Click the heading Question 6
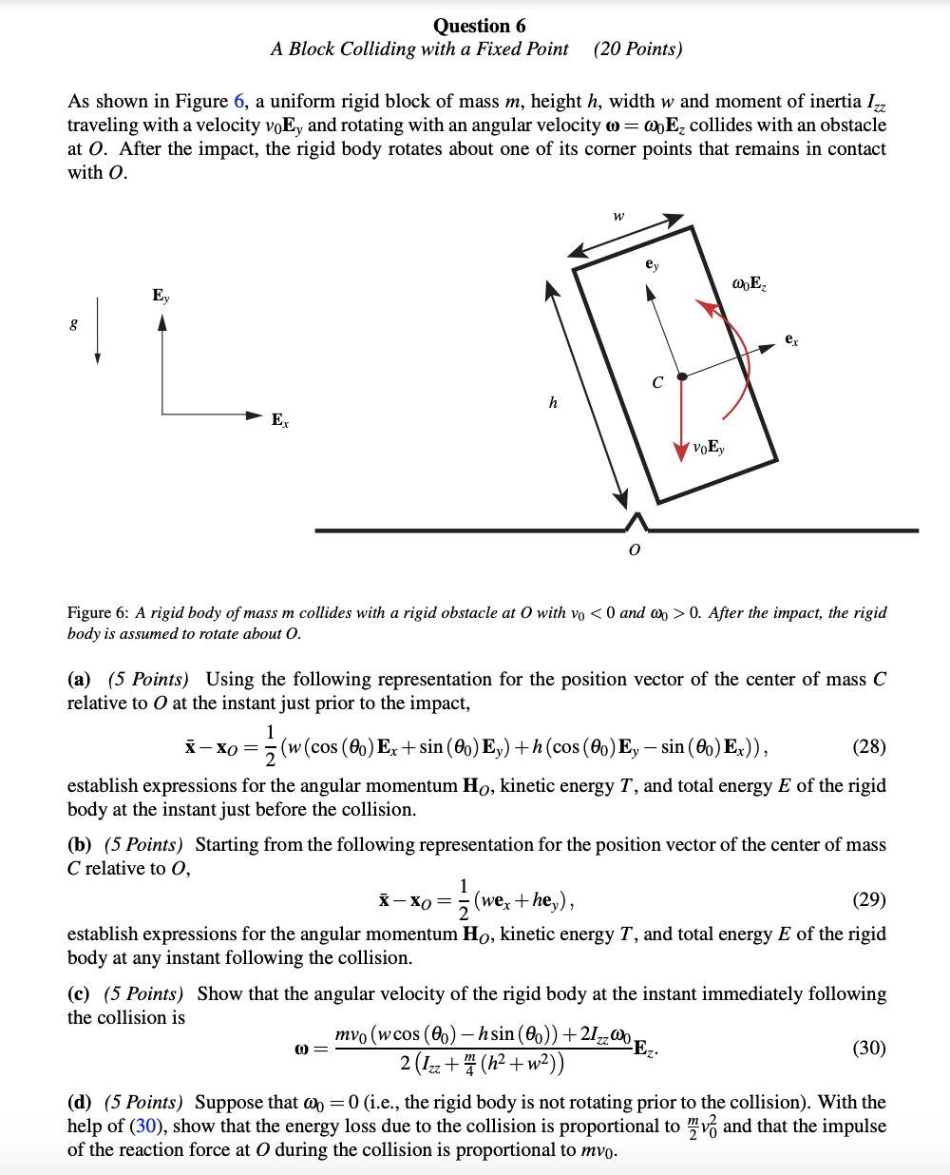click(479, 26)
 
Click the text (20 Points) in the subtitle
click(637, 49)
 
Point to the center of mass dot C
click(681, 376)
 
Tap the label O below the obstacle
click(635, 550)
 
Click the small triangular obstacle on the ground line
click(636, 522)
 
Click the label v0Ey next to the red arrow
click(709, 448)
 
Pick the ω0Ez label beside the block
click(750, 283)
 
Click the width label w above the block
click(618, 217)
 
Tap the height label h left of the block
click(553, 402)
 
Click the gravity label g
click(74, 324)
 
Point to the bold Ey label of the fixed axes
click(161, 296)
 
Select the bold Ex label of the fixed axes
click(279, 419)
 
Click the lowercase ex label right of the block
click(791, 339)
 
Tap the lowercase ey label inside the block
click(652, 264)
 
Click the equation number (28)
click(868, 746)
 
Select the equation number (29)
click(868, 899)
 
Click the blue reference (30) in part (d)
click(145, 1127)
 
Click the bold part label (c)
click(79, 993)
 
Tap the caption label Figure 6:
click(98, 613)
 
